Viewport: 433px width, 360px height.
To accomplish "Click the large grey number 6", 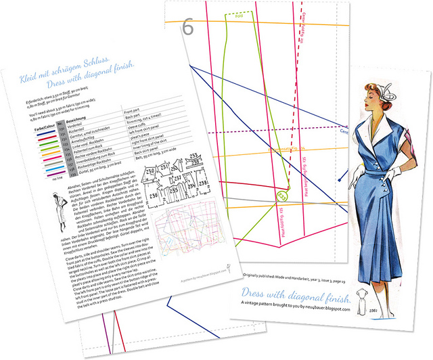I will (x=188, y=28).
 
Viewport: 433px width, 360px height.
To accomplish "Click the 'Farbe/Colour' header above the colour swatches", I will (x=42, y=124).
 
